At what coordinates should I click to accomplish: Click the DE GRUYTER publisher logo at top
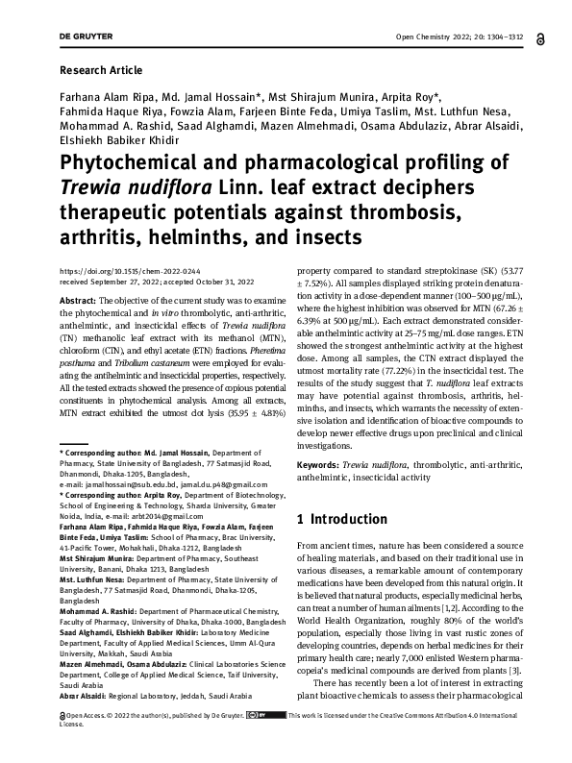click(86, 37)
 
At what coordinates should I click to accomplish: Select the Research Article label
click(100, 70)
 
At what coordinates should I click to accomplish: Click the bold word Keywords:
click(320, 464)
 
